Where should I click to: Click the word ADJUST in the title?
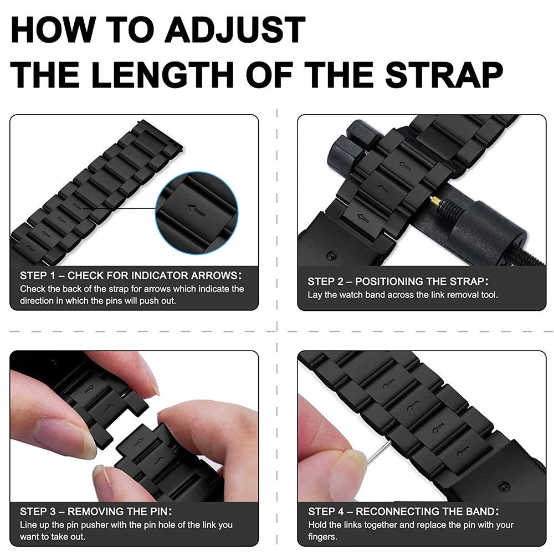[x=234, y=30]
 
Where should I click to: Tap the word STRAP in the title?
[x=444, y=75]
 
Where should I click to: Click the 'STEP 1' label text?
[x=38, y=275]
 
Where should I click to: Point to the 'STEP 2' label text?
[x=325, y=281]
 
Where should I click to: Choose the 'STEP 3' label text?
[x=38, y=511]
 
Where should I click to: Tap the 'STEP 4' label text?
[x=326, y=511]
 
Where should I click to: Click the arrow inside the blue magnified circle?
[x=197, y=211]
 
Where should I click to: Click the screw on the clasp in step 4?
[x=505, y=487]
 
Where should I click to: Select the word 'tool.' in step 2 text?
[x=489, y=295]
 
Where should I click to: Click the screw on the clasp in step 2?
[x=331, y=255]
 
